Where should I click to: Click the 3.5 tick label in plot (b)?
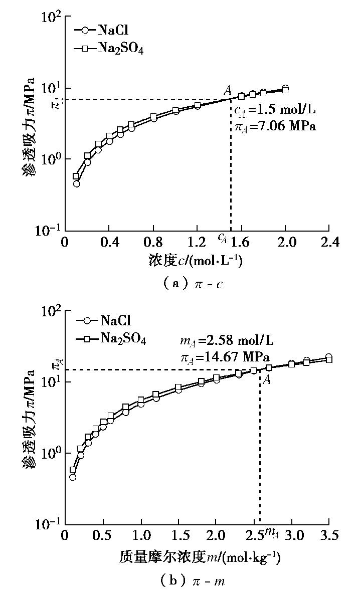pyautogui.click(x=328, y=535)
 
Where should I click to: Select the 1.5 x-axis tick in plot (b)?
pyautogui.click(x=178, y=535)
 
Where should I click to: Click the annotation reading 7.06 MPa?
pyautogui.click(x=275, y=126)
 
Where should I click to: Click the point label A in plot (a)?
pyautogui.click(x=228, y=91)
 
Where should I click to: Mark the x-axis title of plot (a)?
pyautogui.click(x=196, y=261)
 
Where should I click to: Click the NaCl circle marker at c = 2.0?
pyautogui.click(x=285, y=89)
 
